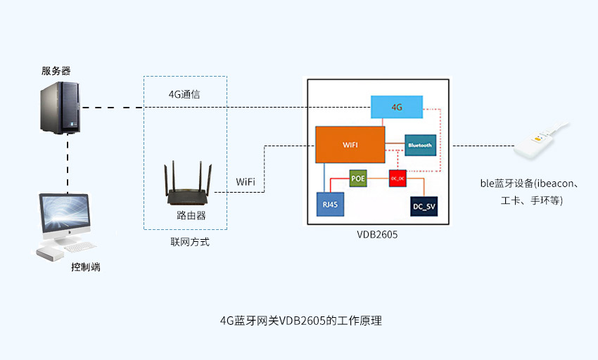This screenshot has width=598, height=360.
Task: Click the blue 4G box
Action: point(397,107)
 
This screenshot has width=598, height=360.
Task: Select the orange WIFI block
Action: point(350,144)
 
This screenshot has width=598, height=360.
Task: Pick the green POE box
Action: point(359,179)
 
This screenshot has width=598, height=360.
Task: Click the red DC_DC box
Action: point(397,179)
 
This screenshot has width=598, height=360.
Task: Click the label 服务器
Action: point(56,71)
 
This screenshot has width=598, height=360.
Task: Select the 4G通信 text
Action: point(186,94)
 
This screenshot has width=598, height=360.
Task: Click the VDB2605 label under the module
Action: point(377,235)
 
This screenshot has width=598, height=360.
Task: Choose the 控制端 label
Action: point(85,267)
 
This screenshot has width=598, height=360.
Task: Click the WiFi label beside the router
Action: point(246,182)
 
